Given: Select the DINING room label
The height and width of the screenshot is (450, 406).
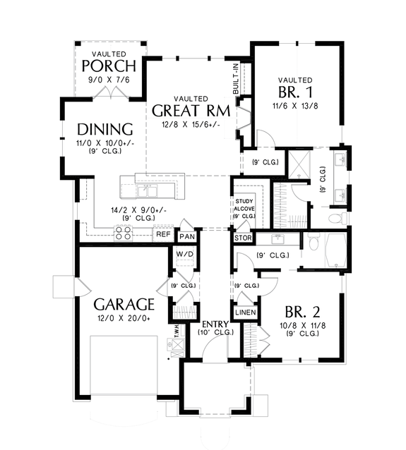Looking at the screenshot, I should pos(105,129).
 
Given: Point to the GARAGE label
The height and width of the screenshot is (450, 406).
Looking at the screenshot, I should pos(124,305).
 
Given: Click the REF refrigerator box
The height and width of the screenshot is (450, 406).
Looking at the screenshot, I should pos(162,234).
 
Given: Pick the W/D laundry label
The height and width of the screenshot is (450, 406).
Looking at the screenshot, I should pos(185,254).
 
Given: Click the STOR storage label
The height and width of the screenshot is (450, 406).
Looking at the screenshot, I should pos(242,238).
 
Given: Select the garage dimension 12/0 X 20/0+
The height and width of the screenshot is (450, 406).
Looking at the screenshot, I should pos(124,318).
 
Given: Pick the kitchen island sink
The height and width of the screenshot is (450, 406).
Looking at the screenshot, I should pos(150,189).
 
